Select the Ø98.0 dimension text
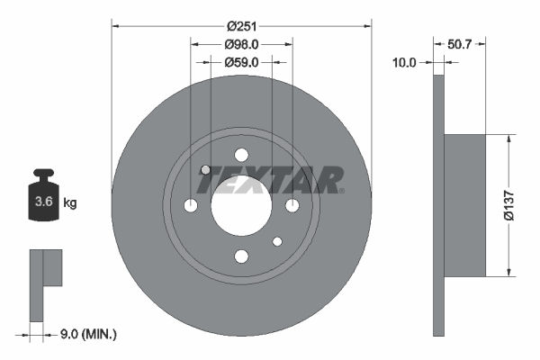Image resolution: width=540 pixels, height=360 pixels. [241, 43]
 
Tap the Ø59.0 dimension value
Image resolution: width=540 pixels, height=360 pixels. [241, 62]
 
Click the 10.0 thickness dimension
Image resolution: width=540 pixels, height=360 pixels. [405, 62]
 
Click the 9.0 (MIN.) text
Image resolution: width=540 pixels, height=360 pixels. [86, 334]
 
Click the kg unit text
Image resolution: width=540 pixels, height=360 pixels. [70, 202]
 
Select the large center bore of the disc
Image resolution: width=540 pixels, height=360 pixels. [241, 206]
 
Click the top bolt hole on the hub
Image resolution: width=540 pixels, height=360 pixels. [241, 155]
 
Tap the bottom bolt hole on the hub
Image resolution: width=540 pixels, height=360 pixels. [241, 257]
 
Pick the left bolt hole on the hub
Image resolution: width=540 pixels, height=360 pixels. [190, 206]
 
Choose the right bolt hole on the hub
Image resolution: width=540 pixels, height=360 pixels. [292, 206]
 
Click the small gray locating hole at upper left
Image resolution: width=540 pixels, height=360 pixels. [205, 170]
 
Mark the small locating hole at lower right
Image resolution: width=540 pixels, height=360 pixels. [277, 241]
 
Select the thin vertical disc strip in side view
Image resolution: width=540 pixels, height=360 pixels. [439, 206]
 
